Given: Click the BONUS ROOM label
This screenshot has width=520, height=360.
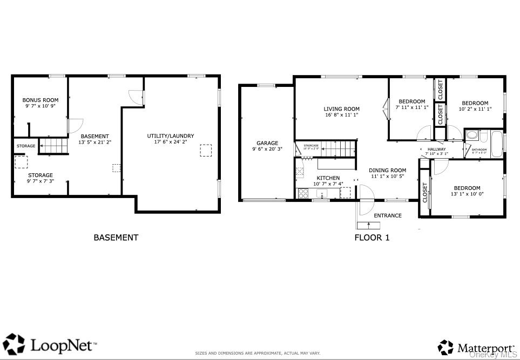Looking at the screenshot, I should click(x=40, y=100).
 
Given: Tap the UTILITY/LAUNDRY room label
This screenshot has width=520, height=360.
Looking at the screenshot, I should click(x=171, y=135).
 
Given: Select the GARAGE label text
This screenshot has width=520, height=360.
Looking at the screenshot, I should click(x=267, y=143).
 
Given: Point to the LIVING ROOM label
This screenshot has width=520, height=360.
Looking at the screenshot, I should click(x=341, y=108).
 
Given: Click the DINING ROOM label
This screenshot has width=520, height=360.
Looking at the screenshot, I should click(x=387, y=170).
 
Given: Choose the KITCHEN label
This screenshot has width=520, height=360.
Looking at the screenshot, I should click(x=328, y=178).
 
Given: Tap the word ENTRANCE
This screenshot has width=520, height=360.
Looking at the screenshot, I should click(x=388, y=215).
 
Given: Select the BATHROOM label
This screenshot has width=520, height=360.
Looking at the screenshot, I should click(x=479, y=150).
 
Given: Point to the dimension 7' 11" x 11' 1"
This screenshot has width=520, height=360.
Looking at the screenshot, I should click(x=412, y=107).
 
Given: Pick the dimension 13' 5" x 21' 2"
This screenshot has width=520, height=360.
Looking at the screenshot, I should click(x=94, y=142).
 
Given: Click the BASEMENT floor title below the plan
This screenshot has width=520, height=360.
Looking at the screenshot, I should click(x=116, y=237).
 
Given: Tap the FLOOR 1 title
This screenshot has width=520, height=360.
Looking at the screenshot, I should click(x=372, y=237).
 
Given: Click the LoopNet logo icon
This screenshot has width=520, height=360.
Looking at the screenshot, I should click(x=13, y=344).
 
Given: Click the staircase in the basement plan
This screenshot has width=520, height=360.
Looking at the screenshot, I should click(x=54, y=146).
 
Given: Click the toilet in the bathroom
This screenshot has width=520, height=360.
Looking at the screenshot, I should click(x=471, y=135).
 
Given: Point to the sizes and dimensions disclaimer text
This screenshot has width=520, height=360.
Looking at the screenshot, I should click(x=258, y=353).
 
